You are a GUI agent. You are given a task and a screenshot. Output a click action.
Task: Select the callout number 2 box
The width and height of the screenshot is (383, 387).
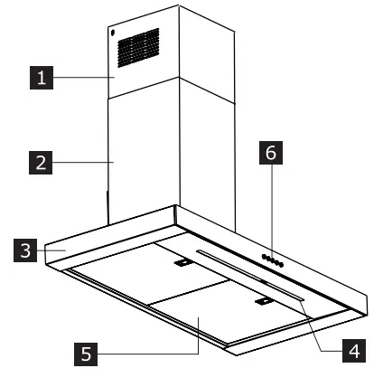pos(37,164)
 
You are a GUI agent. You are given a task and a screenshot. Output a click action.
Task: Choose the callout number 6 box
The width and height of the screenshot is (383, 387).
pos(269,155)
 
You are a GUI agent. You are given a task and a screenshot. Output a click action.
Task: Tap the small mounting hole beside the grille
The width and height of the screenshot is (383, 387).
pos(111,35)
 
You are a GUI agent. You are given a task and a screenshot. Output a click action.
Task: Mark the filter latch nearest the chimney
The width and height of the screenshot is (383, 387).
pos(182,264)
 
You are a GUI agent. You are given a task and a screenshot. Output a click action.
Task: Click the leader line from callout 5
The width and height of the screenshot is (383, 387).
pos(154,354)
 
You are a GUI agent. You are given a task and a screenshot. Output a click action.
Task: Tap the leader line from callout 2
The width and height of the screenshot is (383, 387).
pos(81,164)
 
